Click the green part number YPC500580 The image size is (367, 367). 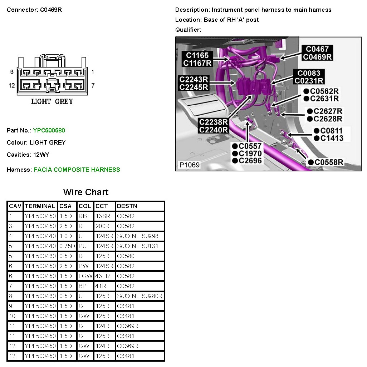point(49,130)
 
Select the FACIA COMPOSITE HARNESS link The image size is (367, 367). point(77,170)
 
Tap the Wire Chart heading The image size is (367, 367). point(86,192)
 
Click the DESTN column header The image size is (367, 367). point(127,206)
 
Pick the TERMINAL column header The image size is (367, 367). point(40,206)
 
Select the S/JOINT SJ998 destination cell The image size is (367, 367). point(138,236)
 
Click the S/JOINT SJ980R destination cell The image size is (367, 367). point(140,296)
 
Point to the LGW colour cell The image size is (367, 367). point(85,276)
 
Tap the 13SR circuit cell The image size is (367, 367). point(103,216)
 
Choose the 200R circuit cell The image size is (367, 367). point(102,226)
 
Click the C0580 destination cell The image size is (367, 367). point(126,256)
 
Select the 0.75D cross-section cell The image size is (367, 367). point(67,246)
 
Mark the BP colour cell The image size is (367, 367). point(83,286)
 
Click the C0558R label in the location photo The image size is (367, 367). point(326,162)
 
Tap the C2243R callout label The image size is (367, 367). point(194,80)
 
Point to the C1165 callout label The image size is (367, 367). point(197,55)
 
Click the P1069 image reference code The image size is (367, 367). point(190,165)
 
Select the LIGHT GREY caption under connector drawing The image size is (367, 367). point(52,101)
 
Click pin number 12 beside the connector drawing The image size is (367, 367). point(12,86)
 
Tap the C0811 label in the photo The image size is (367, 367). point(328,131)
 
